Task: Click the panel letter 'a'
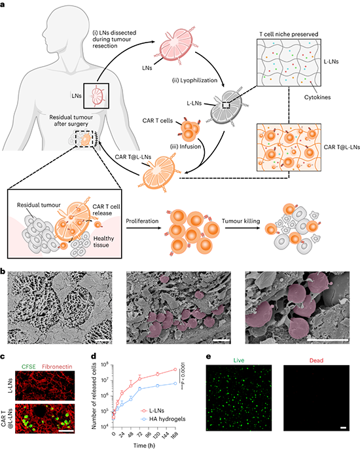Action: pos(3,4)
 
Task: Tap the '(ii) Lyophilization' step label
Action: pos(194,81)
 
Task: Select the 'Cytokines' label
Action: pos(317,98)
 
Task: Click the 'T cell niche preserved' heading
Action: pos(289,34)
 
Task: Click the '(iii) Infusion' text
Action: pos(186,147)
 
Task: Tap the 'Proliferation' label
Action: pos(142,221)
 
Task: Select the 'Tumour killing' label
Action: pos(241,221)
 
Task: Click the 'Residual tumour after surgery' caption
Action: pos(71,120)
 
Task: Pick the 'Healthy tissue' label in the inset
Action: pos(103,242)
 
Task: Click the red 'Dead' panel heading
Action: pos(316,360)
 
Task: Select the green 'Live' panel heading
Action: pos(239,360)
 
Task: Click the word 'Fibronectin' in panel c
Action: pos(57,367)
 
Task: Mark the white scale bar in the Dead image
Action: pos(344,428)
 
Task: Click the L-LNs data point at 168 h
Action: pos(175,369)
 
